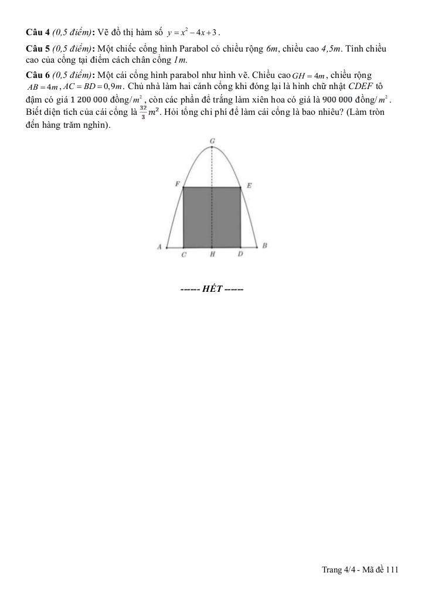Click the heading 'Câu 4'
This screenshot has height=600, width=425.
click(x=38, y=31)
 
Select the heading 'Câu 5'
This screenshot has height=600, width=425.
click(x=38, y=47)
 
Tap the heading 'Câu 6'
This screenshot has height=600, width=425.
click(x=38, y=75)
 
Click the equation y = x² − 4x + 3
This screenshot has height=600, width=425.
click(x=192, y=31)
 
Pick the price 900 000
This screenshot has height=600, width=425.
click(x=322, y=100)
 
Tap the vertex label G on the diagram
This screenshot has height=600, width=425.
click(x=212, y=141)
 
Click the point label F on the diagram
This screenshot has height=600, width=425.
click(x=177, y=184)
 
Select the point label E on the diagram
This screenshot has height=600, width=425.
click(x=249, y=185)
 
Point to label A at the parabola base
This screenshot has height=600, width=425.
click(x=159, y=247)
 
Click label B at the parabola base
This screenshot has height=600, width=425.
click(x=264, y=246)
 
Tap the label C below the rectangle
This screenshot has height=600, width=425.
click(x=184, y=255)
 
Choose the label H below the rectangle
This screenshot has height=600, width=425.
click(x=212, y=255)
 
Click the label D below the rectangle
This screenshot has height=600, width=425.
click(x=240, y=255)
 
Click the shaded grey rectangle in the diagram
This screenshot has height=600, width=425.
click(x=212, y=217)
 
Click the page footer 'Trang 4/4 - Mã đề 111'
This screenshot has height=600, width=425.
click(x=360, y=570)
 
